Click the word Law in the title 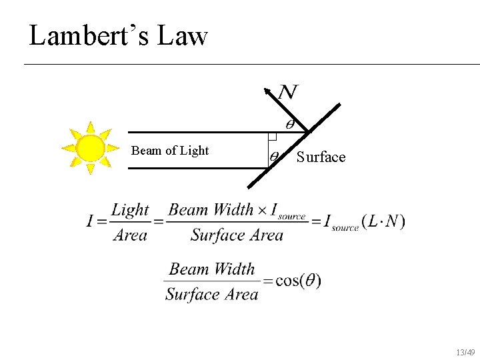click(x=183, y=35)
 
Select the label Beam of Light click(x=170, y=151)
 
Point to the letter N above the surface click(x=288, y=92)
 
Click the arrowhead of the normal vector click(x=267, y=91)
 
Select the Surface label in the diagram click(x=321, y=157)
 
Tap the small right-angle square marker click(x=272, y=137)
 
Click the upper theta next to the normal click(x=290, y=124)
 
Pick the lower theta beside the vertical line click(x=275, y=158)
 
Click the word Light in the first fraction click(x=130, y=210)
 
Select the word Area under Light click(x=130, y=235)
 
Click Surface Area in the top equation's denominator click(x=237, y=235)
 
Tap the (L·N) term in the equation click(x=383, y=222)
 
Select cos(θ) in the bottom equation click(x=298, y=281)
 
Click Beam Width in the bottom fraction click(x=212, y=269)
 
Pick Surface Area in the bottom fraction click(x=211, y=294)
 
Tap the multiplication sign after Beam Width click(x=262, y=211)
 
